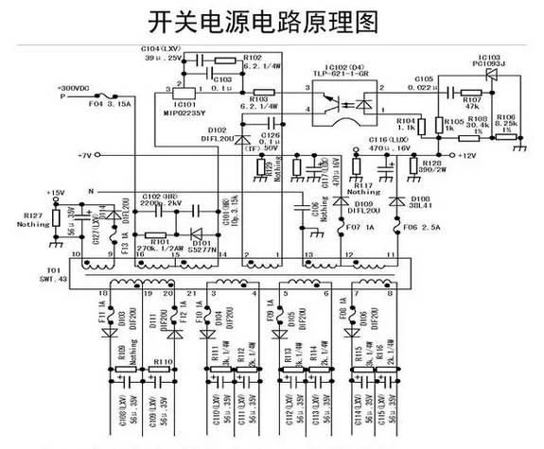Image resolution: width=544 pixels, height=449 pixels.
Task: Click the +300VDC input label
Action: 78,88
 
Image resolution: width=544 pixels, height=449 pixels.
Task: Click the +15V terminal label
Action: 59,193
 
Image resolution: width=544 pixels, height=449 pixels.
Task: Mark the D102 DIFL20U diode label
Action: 215,134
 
